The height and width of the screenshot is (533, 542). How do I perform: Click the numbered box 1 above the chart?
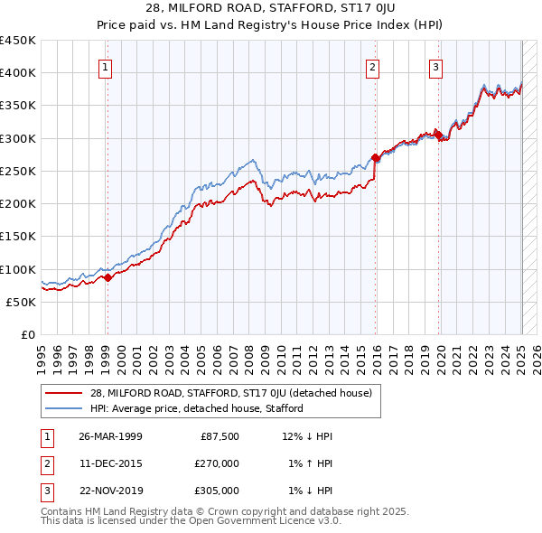click(106, 66)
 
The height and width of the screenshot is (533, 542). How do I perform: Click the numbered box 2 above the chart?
click(373, 66)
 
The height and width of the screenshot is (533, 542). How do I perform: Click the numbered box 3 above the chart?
click(435, 66)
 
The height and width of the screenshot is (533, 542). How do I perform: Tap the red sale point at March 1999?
click(107, 277)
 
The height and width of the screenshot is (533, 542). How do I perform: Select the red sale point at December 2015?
click(375, 158)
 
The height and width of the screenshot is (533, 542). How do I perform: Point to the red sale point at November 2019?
click(438, 136)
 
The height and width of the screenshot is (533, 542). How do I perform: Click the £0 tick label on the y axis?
click(28, 335)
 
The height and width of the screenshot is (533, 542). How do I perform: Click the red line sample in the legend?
click(65, 393)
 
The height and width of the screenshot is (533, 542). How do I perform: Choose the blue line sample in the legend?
click(65, 408)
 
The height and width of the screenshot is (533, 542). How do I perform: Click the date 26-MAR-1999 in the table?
click(110, 436)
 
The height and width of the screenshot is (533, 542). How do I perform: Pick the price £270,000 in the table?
click(217, 463)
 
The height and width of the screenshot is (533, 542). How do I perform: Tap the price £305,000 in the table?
click(217, 491)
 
